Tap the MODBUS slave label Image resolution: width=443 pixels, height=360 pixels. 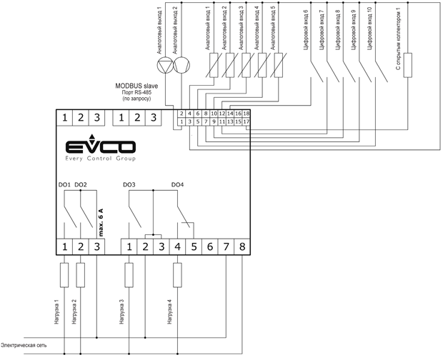(x=136, y=86)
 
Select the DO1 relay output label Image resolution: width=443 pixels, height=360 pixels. (x=64, y=185)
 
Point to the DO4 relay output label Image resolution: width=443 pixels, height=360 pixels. (x=177, y=185)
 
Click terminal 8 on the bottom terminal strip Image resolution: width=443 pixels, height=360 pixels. (x=242, y=246)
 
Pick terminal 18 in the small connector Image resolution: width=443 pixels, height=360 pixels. (x=246, y=114)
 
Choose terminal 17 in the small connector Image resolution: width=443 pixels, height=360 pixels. (x=246, y=121)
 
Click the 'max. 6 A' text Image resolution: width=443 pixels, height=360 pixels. (x=101, y=222)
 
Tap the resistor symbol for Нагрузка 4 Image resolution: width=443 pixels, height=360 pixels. (x=177, y=275)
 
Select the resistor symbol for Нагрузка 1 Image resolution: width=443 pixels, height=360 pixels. (x=64, y=275)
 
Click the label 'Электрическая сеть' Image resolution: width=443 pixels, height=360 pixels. (x=24, y=345)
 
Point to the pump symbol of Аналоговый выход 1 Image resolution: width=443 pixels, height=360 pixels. (x=165, y=65)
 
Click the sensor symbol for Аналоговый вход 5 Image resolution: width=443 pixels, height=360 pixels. (x=279, y=65)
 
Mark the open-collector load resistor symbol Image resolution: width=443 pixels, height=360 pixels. (x=408, y=65)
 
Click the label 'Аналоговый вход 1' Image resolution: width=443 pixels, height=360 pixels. (x=208, y=29)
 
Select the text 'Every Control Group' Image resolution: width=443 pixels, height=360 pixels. (x=100, y=159)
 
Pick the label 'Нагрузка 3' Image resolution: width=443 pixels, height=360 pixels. (x=122, y=311)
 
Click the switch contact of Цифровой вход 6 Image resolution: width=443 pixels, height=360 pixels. (x=317, y=71)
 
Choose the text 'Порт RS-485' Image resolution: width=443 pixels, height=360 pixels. (x=136, y=93)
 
